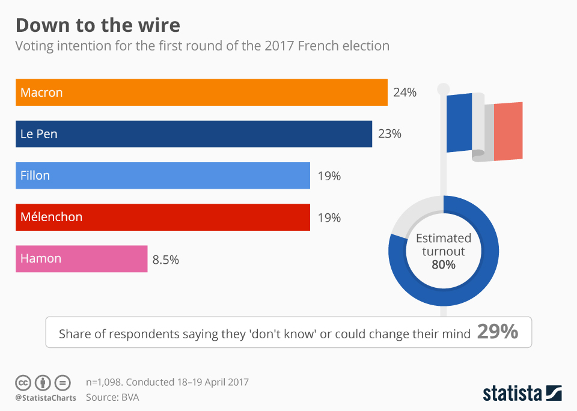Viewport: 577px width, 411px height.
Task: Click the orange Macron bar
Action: pyautogui.click(x=201, y=93)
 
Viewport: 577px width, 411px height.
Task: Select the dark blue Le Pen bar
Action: pyautogui.click(x=194, y=134)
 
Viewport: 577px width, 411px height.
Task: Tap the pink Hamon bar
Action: pyautogui.click(x=82, y=259)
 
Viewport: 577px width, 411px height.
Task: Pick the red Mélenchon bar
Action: pyautogui.click(x=163, y=217)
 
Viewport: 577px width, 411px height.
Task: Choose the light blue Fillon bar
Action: pyautogui.click(x=163, y=175)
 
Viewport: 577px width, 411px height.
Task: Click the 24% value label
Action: pyautogui.click(x=405, y=93)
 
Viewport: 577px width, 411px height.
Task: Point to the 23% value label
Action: pyautogui.click(x=389, y=134)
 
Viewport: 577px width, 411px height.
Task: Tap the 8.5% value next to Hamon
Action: pyautogui.click(x=166, y=260)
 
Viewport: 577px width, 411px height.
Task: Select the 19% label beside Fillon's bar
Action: pyautogui.click(x=329, y=176)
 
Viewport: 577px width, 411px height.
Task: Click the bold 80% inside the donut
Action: pyautogui.click(x=444, y=264)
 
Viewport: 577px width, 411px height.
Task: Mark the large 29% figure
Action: pyautogui.click(x=498, y=332)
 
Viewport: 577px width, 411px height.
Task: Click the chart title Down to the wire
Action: pyautogui.click(x=97, y=25)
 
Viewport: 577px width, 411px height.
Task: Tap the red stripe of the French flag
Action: pyautogui.click(x=508, y=130)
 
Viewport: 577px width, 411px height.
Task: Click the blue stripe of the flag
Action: pyautogui.click(x=459, y=123)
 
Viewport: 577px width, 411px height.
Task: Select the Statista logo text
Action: pyautogui.click(x=513, y=394)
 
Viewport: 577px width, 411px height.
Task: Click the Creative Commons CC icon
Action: pyautogui.click(x=23, y=382)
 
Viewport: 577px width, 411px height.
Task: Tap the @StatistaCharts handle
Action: pyautogui.click(x=46, y=397)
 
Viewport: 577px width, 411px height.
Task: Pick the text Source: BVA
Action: pyautogui.click(x=113, y=397)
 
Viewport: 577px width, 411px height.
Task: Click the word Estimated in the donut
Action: pyautogui.click(x=444, y=238)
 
